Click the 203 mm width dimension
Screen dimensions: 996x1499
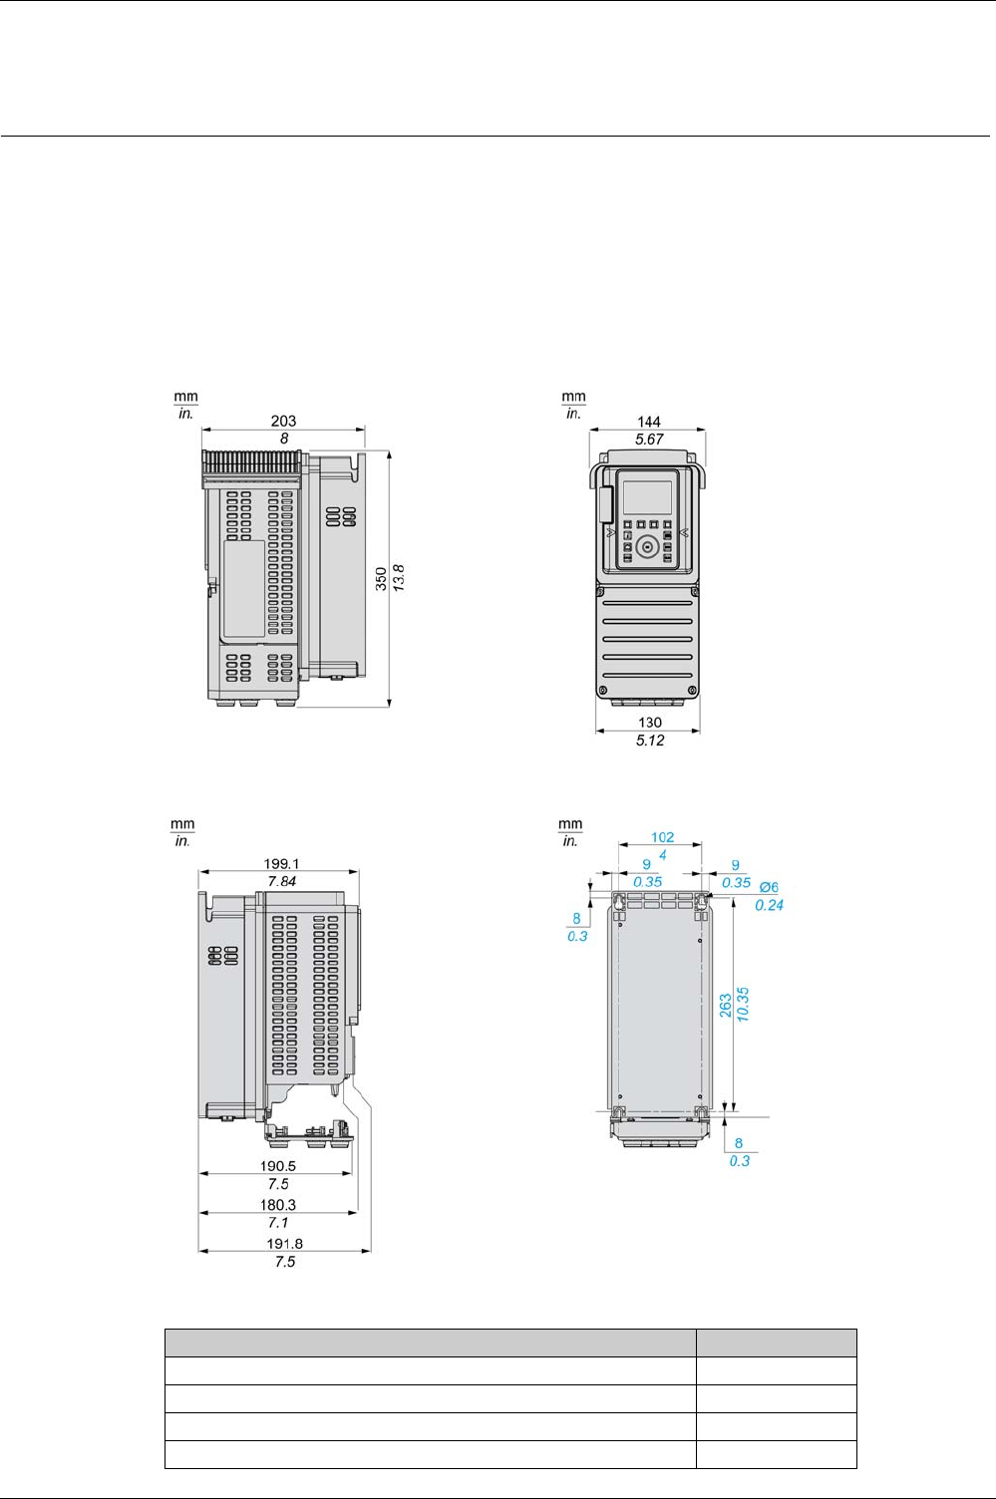click(283, 421)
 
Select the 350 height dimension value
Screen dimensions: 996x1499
click(381, 579)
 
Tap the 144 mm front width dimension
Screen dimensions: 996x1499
click(649, 422)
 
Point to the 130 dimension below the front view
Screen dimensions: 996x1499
click(650, 723)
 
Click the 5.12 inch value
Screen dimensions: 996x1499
click(650, 741)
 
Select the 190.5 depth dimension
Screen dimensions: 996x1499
click(278, 1166)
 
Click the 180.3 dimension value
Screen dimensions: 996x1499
click(278, 1205)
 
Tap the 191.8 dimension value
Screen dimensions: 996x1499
click(284, 1244)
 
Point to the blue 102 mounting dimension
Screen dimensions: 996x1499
click(663, 837)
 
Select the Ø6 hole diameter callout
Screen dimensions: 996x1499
click(769, 887)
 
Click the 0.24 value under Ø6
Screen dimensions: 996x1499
click(769, 905)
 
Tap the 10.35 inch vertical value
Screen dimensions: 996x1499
click(744, 1004)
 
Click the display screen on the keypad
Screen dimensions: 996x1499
click(647, 496)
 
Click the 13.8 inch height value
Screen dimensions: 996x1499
click(398, 579)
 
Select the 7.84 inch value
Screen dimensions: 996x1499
click(281, 882)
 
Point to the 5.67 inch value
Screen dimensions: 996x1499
click(649, 440)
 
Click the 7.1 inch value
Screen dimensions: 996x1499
click(278, 1223)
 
